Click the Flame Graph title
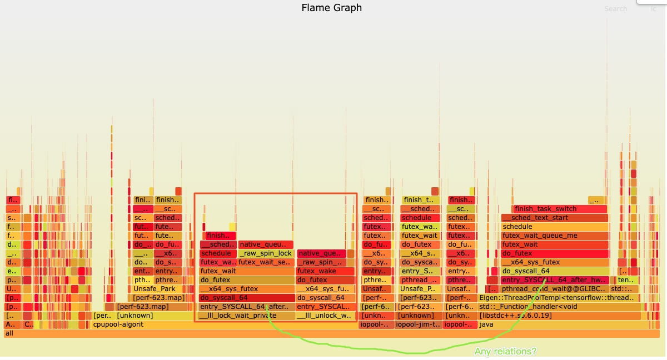[x=331, y=8]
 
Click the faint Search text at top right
[x=615, y=9]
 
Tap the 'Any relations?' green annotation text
[x=505, y=352]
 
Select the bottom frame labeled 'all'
[x=331, y=333]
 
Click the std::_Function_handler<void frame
[x=556, y=307]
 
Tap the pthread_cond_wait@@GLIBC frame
[x=554, y=289]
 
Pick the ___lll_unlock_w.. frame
[x=325, y=316]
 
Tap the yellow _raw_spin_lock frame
[x=266, y=253]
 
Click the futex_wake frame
[x=325, y=271]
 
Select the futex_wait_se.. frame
[x=265, y=262]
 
